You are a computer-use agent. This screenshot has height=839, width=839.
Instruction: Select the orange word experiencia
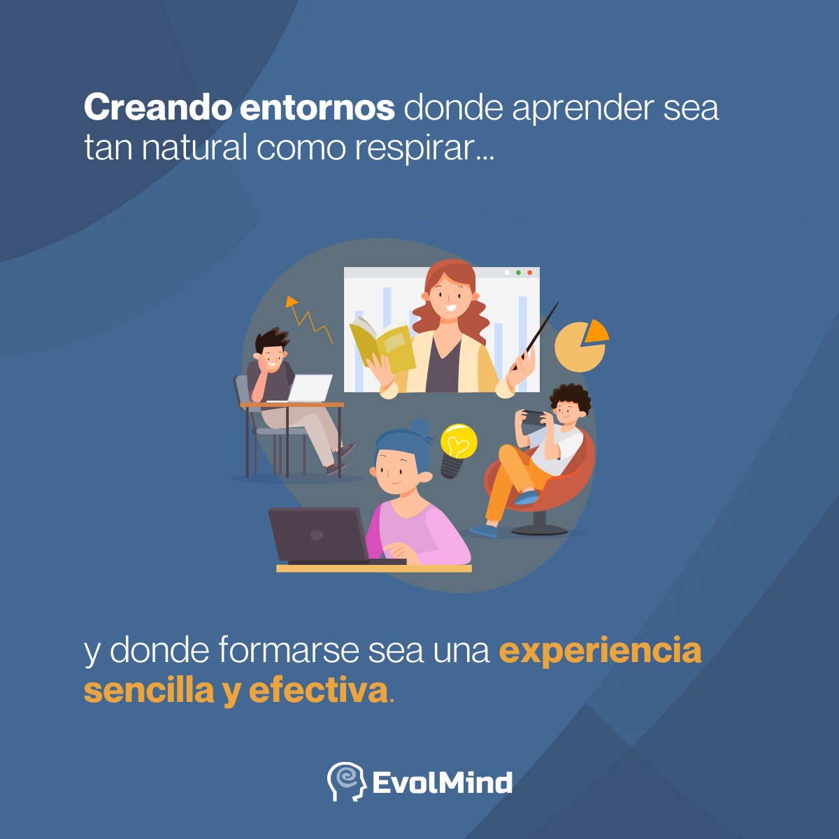[x=600, y=650]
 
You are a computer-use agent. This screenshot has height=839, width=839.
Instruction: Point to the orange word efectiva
[x=318, y=691]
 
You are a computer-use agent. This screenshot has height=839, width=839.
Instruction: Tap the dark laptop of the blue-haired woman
[x=318, y=535]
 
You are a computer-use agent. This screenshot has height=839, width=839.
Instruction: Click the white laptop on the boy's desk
[x=309, y=388]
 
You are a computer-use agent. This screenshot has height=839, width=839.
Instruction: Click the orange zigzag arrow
[x=308, y=318]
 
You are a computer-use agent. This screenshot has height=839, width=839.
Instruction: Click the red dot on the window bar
[x=530, y=273]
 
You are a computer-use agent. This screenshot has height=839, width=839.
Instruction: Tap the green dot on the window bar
[x=518, y=273]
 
